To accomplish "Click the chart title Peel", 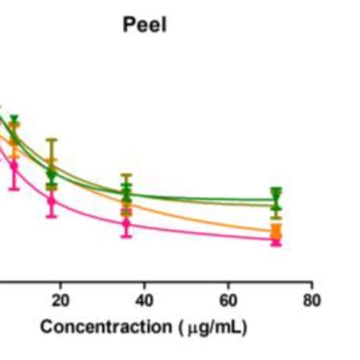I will click(144, 24).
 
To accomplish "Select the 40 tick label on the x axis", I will click(144, 300).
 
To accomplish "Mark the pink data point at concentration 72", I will click(276, 241).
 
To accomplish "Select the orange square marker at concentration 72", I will click(276, 230).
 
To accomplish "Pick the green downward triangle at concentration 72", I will click(276, 194).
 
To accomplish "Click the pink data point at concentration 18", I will click(52, 201).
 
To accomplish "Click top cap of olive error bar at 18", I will click(52, 140).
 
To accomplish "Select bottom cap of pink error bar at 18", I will click(52, 217).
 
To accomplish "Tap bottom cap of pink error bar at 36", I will click(127, 237).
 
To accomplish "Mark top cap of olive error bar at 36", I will click(127, 175).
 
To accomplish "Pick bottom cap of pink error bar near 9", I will click(14, 189).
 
